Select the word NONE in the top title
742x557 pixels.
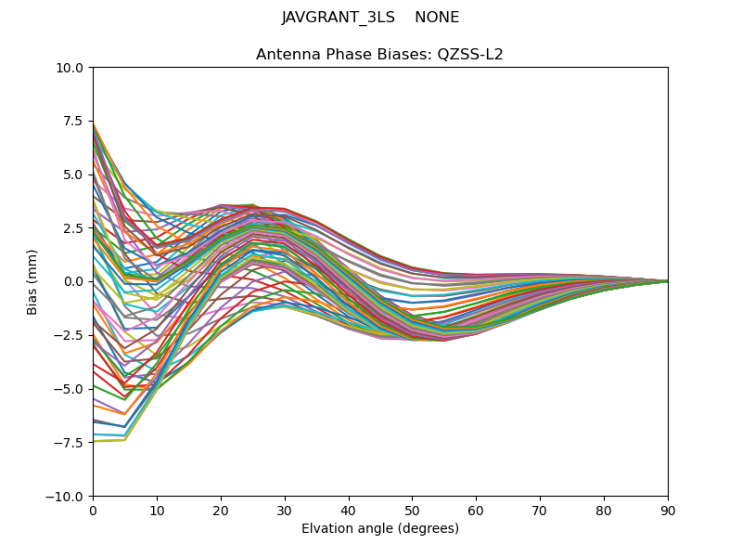tap(437, 18)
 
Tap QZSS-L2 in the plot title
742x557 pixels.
tap(472, 55)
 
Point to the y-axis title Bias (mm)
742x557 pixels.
tap(32, 281)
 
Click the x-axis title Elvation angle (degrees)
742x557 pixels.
tap(380, 529)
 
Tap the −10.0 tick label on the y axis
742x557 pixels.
tap(66, 496)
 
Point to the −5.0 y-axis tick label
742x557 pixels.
tap(70, 389)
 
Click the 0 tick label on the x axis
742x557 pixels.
tap(93, 511)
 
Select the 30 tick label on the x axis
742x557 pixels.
tap(285, 511)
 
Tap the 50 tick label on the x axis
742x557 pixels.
tap(412, 511)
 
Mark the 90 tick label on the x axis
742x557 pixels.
tap(668, 511)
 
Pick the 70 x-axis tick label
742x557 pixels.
tap(540, 511)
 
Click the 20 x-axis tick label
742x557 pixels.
tap(221, 511)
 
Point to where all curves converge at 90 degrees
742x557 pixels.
tap(667, 281)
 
